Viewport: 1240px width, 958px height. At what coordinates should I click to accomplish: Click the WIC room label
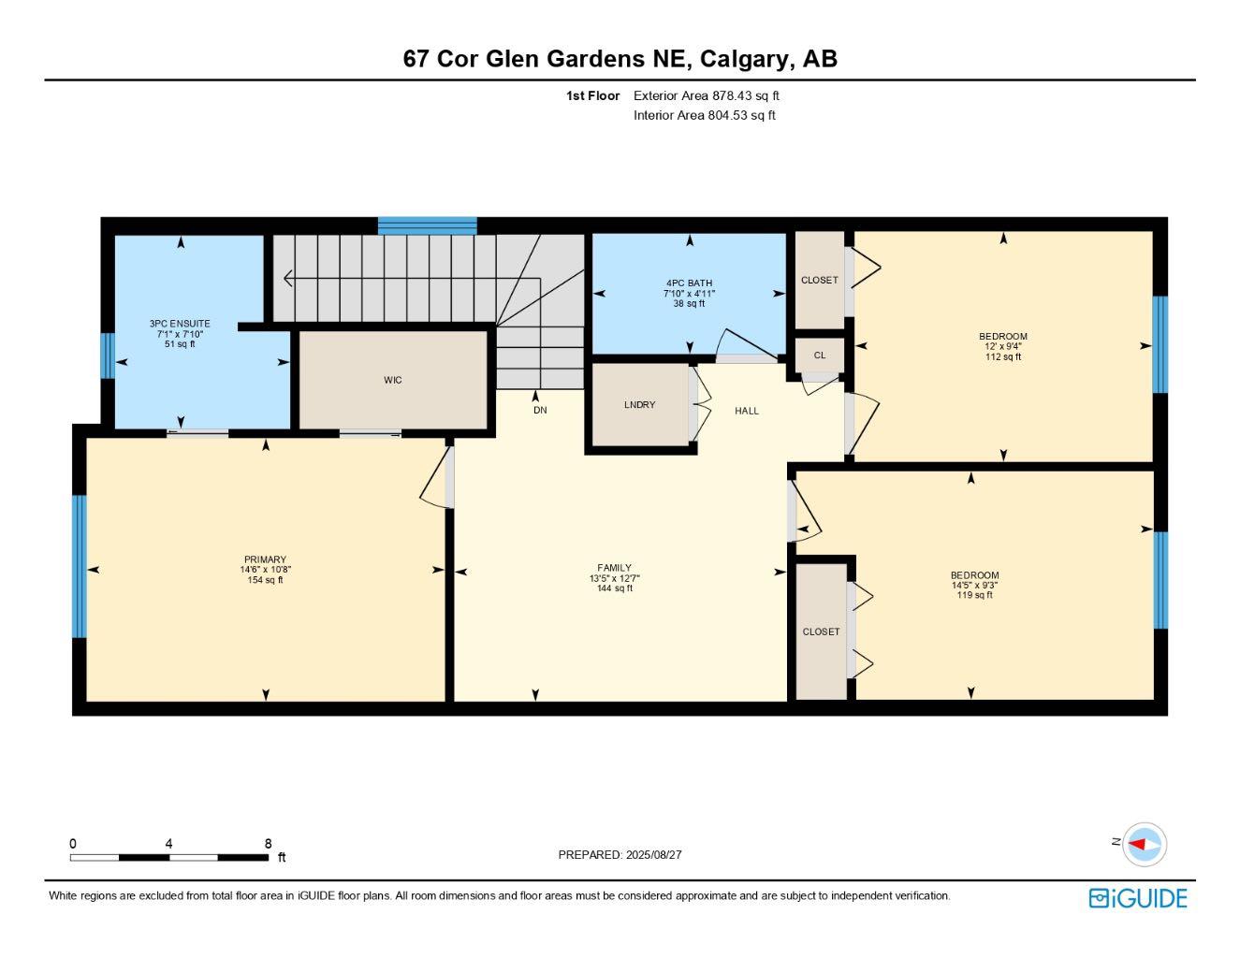coord(392,380)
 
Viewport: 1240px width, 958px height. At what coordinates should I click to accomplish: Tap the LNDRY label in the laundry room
coord(639,405)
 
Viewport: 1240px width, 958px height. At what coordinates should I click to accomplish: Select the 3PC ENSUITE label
coord(180,324)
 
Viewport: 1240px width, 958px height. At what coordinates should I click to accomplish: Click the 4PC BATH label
coord(689,283)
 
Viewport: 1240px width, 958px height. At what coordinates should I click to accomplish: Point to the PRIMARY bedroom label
coord(266,559)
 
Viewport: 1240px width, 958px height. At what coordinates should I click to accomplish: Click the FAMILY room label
coord(614,568)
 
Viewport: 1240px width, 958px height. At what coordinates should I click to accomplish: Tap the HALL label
coord(746,411)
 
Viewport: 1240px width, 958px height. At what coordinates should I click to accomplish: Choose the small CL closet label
coord(819,356)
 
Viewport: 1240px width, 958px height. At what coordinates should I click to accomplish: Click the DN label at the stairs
coord(540,410)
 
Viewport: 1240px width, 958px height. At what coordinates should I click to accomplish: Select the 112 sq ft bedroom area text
coord(1003,356)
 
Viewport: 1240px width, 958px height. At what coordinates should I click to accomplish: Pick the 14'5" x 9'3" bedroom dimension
coord(974,586)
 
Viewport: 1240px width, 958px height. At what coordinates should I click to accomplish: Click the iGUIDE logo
coord(1137,898)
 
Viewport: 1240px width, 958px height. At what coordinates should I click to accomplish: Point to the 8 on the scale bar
coord(268,843)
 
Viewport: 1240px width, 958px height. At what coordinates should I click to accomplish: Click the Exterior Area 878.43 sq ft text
coord(706,95)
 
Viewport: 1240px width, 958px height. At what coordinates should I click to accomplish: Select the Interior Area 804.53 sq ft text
coord(704,115)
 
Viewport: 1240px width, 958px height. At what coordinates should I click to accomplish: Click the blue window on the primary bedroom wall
coord(80,566)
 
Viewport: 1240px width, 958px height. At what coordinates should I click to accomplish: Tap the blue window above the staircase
coord(427,225)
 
